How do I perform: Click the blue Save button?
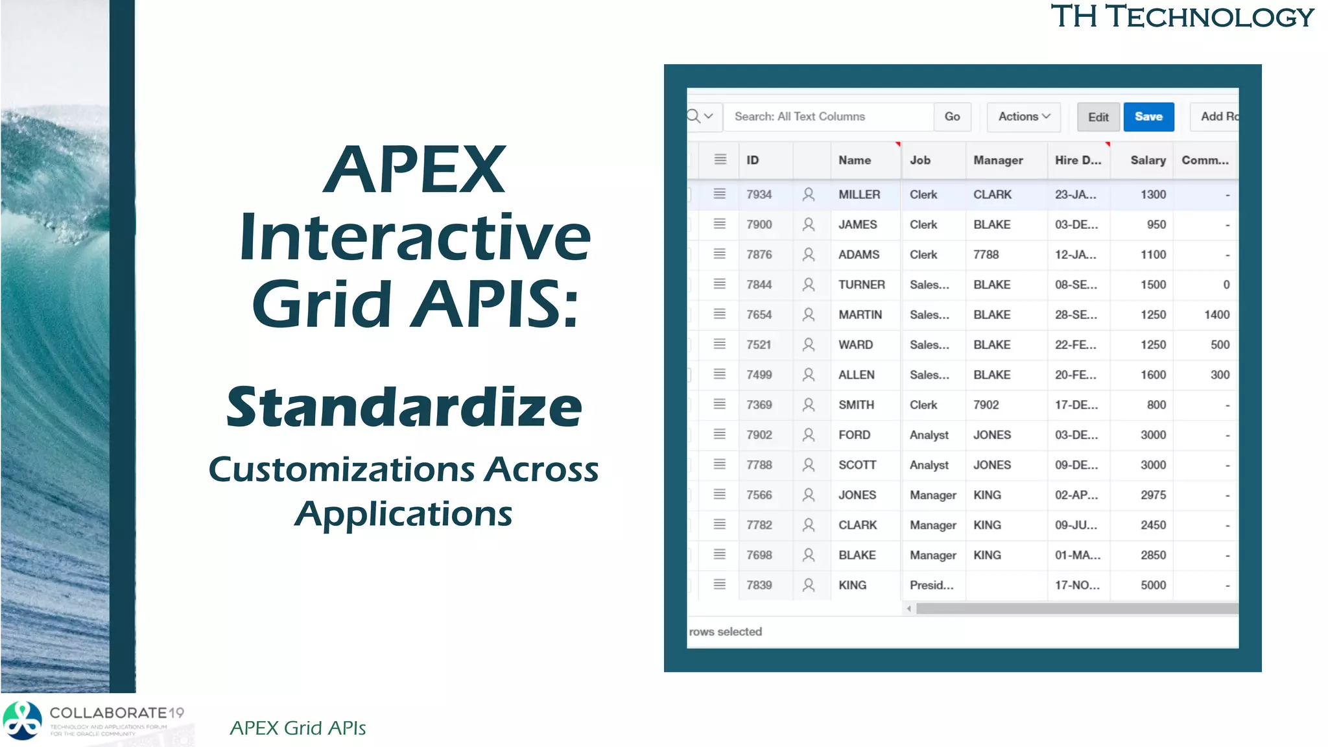click(x=1148, y=117)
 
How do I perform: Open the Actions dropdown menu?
click(x=1023, y=117)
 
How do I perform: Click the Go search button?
click(x=952, y=117)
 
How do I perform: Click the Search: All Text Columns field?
click(x=827, y=117)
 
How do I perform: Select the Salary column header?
click(x=1147, y=160)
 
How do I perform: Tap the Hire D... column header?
click(x=1077, y=160)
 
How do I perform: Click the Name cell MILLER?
click(x=859, y=195)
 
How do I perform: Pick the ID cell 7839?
click(x=759, y=585)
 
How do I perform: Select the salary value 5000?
click(x=1153, y=585)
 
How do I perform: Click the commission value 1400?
click(x=1216, y=314)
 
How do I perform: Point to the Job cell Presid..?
click(x=931, y=585)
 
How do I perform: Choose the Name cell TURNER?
click(x=861, y=285)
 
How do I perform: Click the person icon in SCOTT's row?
click(x=808, y=465)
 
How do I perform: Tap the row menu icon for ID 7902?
click(x=719, y=434)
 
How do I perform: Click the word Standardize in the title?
click(x=404, y=407)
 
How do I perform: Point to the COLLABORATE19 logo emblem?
click(x=23, y=720)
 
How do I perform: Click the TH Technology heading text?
click(x=1181, y=17)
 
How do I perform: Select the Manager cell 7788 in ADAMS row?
click(x=986, y=255)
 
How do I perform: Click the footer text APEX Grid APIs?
click(x=298, y=728)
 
